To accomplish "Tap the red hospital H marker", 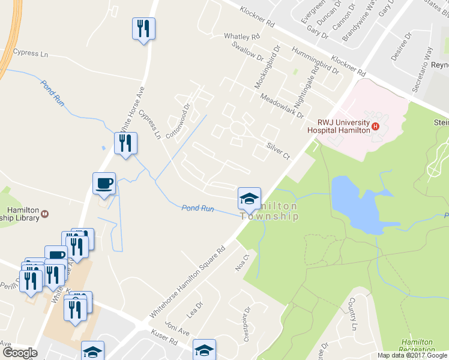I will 376,126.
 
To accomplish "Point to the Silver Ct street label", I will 278,151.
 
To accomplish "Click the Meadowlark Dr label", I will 282,106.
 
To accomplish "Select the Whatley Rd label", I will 241,37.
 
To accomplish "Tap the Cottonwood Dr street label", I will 178,122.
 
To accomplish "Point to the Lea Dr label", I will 194,310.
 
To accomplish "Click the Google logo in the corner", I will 19,353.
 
